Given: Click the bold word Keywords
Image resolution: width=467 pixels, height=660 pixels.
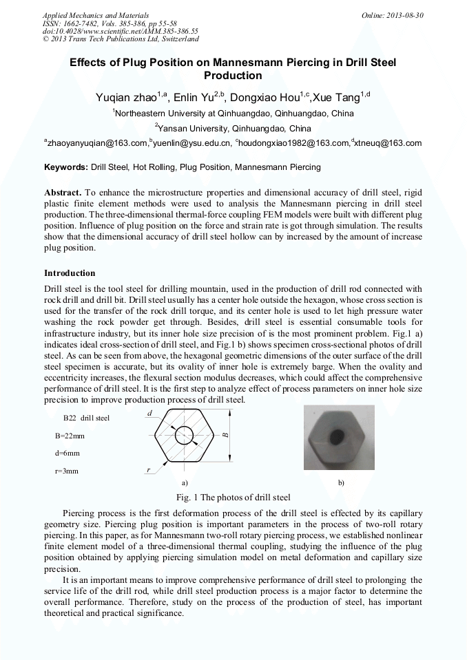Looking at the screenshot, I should pos(66,167).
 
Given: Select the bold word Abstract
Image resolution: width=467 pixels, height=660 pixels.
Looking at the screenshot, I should pos(63,192).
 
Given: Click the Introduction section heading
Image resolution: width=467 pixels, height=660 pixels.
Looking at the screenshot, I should pos(70,273).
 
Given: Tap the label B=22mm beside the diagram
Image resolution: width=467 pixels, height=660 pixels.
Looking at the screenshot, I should pos(70,436).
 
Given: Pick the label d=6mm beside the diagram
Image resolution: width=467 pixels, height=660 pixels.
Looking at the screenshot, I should pos(68,454).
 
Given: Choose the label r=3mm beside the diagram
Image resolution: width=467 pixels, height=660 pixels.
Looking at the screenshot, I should pos(67,471).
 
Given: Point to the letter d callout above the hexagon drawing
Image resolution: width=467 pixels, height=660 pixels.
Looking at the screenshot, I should pos(150,412).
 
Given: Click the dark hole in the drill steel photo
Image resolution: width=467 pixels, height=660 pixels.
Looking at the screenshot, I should pos(338,436).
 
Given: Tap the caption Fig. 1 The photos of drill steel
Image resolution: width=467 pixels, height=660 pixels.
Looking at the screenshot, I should pos(233,498).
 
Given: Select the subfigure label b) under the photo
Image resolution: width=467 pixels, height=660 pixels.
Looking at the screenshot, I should pos(341,483).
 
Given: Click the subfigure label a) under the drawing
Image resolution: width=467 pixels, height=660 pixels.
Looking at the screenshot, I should pos(184,483).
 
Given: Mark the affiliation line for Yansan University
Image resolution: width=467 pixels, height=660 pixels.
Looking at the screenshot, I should pos(233,128).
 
